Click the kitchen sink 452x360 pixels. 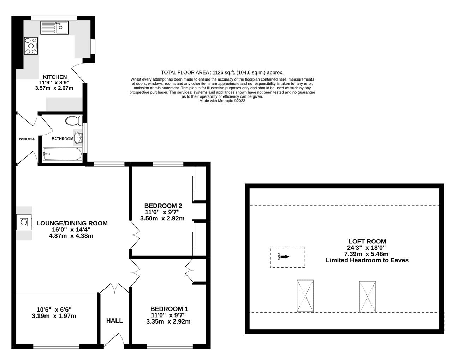pos(55,28)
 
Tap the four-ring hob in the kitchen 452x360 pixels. pos(31,46)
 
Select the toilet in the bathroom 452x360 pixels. pos(73,121)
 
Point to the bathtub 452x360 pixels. pos(62,154)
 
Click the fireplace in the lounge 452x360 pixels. pos(24,222)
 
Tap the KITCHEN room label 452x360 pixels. pos(55,77)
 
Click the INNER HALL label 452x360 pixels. pos(27,139)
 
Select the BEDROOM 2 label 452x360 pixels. pos(163,206)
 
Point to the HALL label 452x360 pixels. pos(114,321)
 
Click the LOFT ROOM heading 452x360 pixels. pos(367,242)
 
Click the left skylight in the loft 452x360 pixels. pos(305,296)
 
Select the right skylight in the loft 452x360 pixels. pos(367,297)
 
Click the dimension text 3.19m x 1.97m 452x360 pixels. pos(54,316)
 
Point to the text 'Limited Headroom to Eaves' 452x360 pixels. pos(367,260)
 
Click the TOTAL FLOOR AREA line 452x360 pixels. pos(222,72)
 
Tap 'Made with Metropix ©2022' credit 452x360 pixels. pos(222,101)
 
